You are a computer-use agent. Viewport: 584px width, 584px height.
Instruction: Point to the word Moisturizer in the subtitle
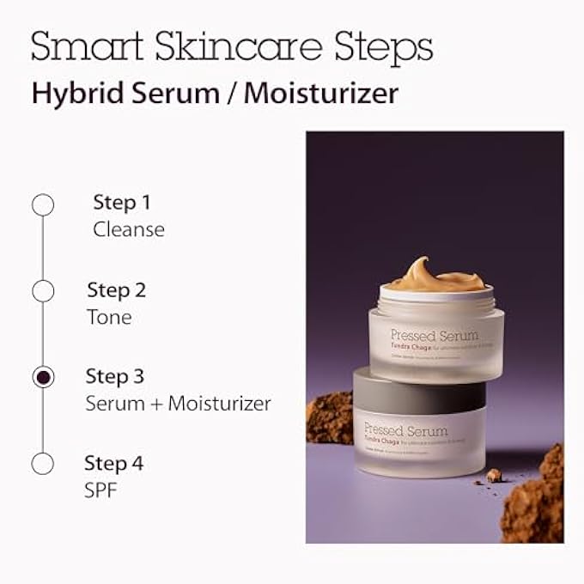click(321, 93)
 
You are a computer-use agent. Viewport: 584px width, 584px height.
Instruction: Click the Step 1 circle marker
click(43, 204)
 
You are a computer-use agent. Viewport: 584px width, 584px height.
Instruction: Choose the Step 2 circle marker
click(43, 291)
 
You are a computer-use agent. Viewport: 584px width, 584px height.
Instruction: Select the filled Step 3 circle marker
click(43, 377)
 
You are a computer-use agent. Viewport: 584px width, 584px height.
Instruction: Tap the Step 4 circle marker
click(43, 464)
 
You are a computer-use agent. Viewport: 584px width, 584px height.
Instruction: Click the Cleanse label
click(129, 229)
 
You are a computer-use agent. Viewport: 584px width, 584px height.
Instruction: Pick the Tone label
click(109, 316)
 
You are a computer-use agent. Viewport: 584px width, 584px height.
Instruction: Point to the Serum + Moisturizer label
click(178, 403)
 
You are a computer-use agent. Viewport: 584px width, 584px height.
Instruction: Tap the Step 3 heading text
click(115, 376)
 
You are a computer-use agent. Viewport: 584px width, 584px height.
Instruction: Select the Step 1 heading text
click(122, 203)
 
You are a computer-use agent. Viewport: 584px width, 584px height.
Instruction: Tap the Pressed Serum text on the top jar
click(434, 335)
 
